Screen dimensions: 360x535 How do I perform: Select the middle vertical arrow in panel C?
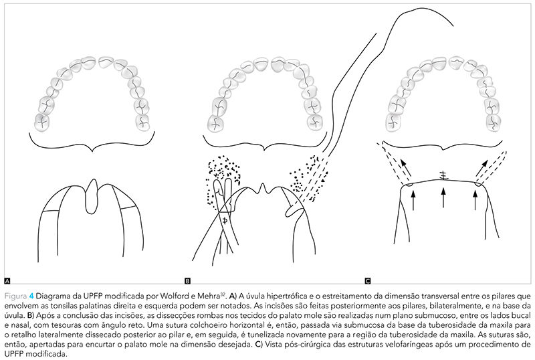[442, 199]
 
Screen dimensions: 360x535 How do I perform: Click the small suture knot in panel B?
[225, 220]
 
